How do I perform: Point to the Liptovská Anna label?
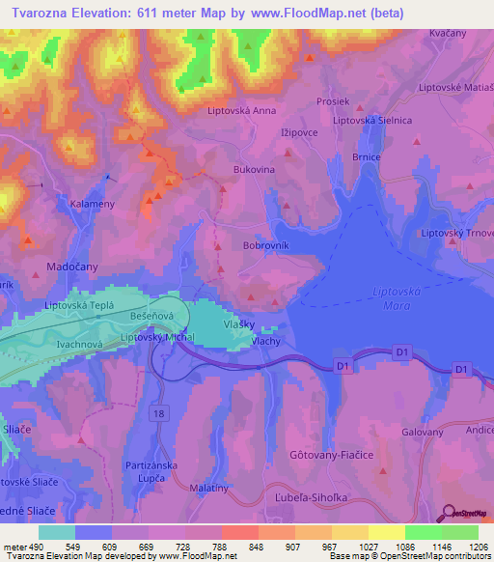242,110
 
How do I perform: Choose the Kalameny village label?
93,205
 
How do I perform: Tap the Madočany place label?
70,264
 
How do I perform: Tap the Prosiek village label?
333,101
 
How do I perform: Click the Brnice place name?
367,156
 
